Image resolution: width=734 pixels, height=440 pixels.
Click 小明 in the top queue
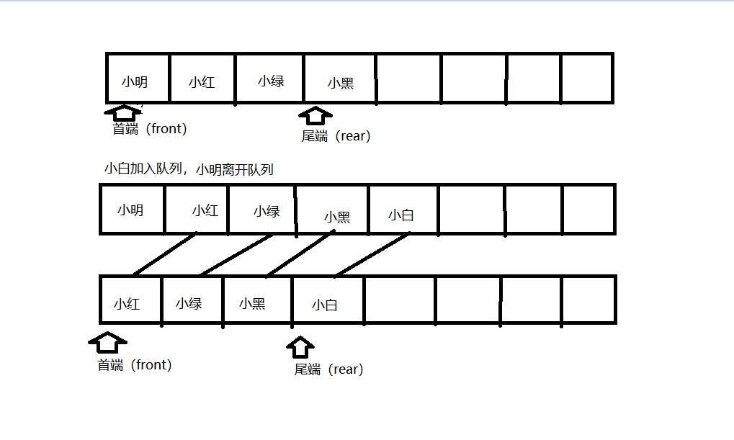coord(135,81)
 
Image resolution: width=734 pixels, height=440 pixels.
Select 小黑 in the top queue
coord(340,84)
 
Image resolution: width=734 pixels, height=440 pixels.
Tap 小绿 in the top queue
coord(271,81)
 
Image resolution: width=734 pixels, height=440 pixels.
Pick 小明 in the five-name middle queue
coord(130,210)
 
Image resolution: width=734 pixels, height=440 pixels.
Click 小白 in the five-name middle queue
coord(400,215)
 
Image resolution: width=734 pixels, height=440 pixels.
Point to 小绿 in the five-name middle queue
coord(267,211)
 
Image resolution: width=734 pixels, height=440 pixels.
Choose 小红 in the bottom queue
coord(127,303)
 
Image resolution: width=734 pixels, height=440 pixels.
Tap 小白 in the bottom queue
coord(325,305)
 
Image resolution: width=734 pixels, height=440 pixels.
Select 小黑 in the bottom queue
coord(252,303)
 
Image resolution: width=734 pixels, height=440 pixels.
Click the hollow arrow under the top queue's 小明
coord(123,112)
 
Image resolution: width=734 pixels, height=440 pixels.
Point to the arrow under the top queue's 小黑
coord(315,116)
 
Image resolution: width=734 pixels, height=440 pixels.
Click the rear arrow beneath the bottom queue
coord(301,346)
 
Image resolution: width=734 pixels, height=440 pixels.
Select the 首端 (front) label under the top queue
coord(150,129)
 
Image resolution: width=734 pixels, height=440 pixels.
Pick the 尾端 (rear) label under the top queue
coord(336,136)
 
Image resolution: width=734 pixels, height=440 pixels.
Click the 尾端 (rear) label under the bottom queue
coord(328,369)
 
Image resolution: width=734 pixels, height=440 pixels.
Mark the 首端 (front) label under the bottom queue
coord(135,365)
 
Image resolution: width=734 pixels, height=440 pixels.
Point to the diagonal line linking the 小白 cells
coord(372,254)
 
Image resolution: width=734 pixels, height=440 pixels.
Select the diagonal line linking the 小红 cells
coord(164,254)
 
